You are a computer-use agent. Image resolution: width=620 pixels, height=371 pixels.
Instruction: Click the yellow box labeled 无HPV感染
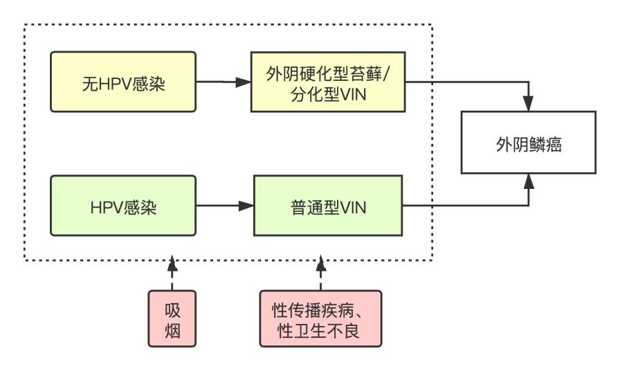123,82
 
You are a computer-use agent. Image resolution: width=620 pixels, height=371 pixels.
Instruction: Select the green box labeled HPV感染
123,206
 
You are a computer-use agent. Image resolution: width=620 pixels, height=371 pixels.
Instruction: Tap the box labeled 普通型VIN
328,206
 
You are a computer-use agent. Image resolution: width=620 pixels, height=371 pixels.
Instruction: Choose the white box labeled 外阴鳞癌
528,143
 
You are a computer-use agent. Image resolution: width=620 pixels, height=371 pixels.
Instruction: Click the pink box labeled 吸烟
172,319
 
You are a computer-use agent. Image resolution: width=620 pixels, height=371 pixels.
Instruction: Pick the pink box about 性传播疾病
320,319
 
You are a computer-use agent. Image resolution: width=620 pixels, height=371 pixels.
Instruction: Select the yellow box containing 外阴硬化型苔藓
328,82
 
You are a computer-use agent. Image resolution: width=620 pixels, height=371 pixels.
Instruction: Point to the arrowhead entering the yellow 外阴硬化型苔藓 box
244,82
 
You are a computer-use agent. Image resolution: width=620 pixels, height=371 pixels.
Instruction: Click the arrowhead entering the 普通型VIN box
246,206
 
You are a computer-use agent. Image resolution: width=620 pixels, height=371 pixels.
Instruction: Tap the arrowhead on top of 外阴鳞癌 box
528,103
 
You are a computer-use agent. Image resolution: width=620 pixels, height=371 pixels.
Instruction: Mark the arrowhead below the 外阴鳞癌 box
529,181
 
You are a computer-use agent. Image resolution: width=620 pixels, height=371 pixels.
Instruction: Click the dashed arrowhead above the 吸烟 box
172,264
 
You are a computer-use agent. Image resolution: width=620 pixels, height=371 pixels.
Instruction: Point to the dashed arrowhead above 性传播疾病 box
320,264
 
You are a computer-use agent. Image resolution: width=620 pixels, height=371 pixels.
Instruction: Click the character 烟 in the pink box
172,330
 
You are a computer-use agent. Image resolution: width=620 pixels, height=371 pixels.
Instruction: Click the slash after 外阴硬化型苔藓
387,74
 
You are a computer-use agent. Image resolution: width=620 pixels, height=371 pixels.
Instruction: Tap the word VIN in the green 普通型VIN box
353,208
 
